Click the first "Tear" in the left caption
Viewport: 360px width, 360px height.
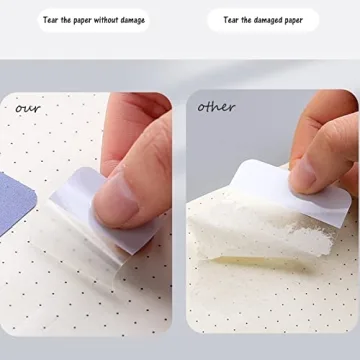click(x=49, y=20)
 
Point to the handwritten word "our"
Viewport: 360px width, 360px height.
click(x=27, y=107)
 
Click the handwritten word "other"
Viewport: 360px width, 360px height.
click(x=215, y=106)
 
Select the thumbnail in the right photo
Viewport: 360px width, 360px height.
click(x=303, y=174)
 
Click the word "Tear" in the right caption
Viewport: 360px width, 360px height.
click(x=231, y=20)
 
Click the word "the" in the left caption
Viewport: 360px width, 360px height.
click(x=66, y=20)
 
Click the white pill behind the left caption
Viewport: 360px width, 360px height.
click(x=91, y=20)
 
